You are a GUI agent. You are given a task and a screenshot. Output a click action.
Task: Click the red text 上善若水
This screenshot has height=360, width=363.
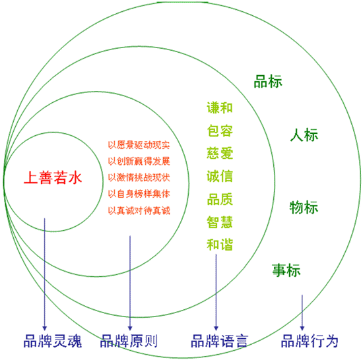tap(53, 177)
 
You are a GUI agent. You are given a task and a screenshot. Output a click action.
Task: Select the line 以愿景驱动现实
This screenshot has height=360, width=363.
tap(139, 145)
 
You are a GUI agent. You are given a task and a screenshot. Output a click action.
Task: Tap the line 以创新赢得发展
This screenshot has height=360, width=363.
tap(139, 161)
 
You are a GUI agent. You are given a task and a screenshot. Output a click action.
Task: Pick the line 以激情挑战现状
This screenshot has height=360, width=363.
tap(139, 177)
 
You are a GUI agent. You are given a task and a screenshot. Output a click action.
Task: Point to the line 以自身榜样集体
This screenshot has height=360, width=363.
tap(139, 194)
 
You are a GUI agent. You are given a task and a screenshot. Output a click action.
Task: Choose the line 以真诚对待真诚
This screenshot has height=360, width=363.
tap(139, 210)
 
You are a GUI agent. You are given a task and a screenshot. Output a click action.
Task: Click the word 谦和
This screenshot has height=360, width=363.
tap(220, 107)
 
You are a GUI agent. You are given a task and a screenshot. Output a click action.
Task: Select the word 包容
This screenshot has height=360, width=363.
tap(220, 131)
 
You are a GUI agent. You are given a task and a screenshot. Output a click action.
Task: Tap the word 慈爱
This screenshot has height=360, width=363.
tap(220, 153)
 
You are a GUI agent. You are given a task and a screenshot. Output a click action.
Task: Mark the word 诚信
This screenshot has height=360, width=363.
tap(220, 176)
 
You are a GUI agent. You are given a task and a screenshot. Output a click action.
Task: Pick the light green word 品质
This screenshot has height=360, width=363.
tap(220, 199)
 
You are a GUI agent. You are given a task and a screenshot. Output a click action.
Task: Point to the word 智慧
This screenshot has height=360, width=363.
tap(220, 222)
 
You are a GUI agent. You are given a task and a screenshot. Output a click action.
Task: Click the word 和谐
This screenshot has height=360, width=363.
tap(220, 245)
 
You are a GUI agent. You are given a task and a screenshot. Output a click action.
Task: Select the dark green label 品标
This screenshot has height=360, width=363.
tap(268, 81)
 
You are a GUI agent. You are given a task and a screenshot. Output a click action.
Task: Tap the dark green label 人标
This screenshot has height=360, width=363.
tap(304, 135)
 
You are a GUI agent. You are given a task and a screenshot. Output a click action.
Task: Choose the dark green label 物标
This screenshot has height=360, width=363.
tap(304, 207)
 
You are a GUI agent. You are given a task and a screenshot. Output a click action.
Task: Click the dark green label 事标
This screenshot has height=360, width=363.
tap(286, 270)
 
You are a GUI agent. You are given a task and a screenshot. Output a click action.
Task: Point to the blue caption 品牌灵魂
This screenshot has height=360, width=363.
tap(53, 341)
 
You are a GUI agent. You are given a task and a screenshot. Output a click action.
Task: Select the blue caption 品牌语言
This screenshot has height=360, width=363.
tap(220, 341)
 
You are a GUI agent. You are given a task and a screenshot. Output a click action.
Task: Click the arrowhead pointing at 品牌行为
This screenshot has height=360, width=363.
tap(302, 328)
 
